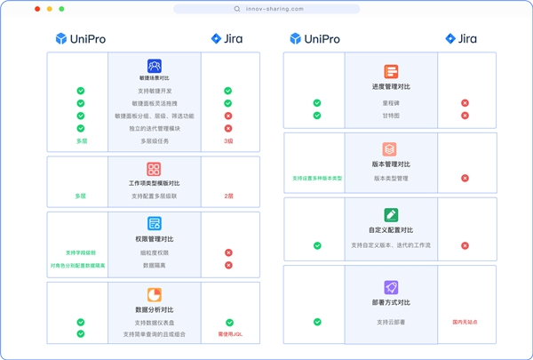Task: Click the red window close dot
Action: [36, 9]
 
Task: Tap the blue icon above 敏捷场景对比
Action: [155, 66]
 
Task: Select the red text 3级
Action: [228, 140]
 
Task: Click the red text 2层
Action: [228, 195]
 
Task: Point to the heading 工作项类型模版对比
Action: [155, 181]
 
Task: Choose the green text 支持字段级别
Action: [79, 252]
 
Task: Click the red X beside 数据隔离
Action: [228, 265]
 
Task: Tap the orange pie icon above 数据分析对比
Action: [155, 294]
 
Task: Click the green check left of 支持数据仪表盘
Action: [81, 322]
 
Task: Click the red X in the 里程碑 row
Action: [465, 103]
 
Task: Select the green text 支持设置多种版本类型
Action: [317, 178]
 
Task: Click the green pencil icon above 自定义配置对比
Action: [391, 214]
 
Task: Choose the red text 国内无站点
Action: [465, 321]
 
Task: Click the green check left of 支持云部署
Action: [317, 321]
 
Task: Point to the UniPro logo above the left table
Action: [80, 39]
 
